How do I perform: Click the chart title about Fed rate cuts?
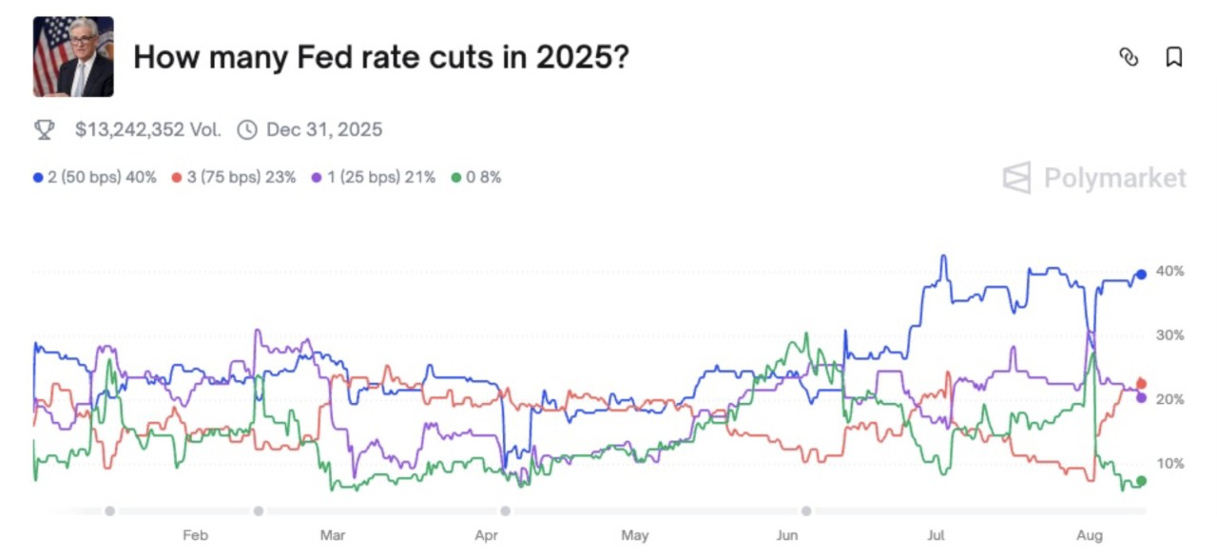380,57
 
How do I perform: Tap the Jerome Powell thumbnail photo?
73,57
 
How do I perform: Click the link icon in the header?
1129,57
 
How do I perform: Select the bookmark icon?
1174,57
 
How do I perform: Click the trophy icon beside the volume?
44,129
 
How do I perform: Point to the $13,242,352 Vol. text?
147,129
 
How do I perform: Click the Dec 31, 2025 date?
324,129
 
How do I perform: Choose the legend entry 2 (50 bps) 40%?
95,178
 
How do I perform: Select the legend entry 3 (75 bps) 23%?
234,178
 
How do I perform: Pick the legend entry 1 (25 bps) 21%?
373,178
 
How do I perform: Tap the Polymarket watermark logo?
1094,178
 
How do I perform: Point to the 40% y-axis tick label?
1169,272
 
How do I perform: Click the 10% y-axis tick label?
1169,464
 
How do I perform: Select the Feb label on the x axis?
195,536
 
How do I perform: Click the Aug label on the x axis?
1090,536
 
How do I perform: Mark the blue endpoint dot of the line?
1141,275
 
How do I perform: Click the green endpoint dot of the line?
1141,481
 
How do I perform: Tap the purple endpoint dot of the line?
1141,397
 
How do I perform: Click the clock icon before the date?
247,129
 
